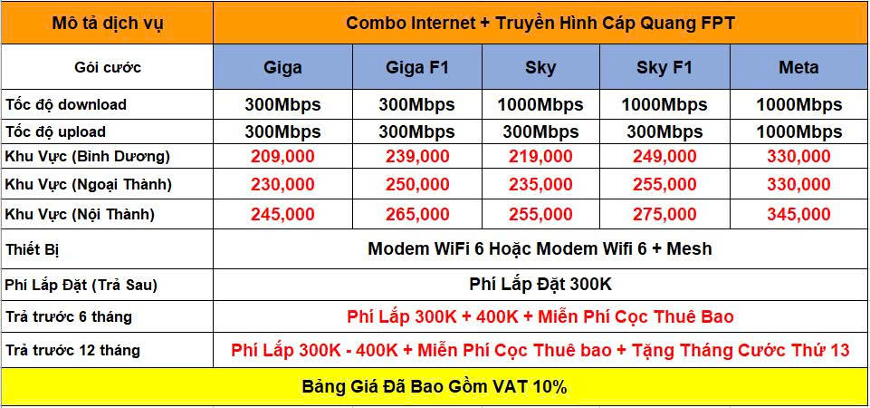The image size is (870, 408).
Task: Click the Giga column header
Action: (x=282, y=68)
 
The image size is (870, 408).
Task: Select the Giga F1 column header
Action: (x=417, y=68)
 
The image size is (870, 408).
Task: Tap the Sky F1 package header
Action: (x=664, y=68)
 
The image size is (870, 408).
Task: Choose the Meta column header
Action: (x=798, y=68)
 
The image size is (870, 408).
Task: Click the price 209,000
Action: (x=282, y=156)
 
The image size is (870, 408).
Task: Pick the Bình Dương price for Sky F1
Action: (x=664, y=156)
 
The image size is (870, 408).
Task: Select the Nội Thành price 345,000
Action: (x=798, y=214)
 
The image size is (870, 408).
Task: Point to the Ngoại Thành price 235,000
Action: (x=540, y=185)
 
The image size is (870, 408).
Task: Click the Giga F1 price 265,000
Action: (x=417, y=214)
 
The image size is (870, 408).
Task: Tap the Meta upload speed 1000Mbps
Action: (x=799, y=132)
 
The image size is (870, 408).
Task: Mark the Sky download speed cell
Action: (x=540, y=104)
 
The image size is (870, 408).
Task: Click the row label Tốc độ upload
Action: (x=55, y=132)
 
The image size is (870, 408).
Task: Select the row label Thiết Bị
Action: (x=32, y=249)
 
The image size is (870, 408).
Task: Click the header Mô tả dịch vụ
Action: (x=108, y=24)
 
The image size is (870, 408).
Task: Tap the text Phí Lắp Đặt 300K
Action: (x=540, y=285)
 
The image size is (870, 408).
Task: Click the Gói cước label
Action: (x=108, y=68)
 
